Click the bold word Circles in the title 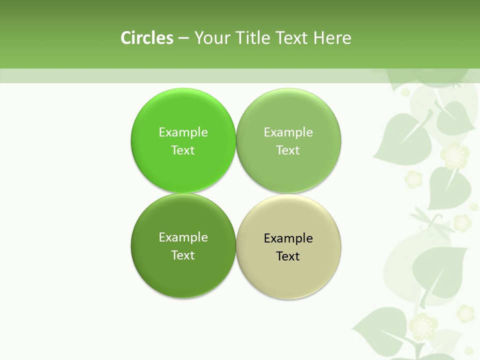[147, 38]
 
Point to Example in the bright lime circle [183, 132]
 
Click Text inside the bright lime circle [183, 150]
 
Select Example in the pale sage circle [288, 132]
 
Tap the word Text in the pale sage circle [288, 150]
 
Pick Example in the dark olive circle [183, 237]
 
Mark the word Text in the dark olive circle [183, 255]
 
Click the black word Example [288, 238]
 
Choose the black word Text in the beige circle [288, 256]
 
